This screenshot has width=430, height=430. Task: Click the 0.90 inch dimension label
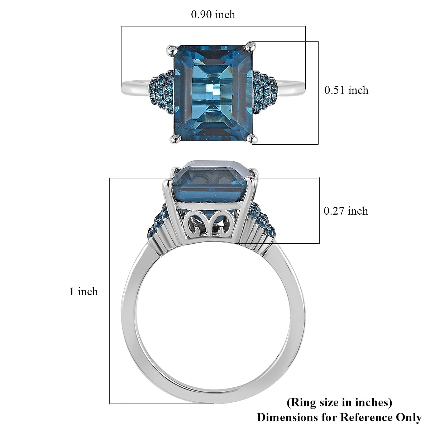[x=213, y=15]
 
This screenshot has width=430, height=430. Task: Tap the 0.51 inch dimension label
[x=346, y=90]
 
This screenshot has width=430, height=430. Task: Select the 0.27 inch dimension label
[x=346, y=211]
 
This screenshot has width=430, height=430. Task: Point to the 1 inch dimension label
[x=83, y=292]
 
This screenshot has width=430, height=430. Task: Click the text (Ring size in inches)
[x=339, y=402]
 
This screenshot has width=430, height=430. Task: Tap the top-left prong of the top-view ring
[x=171, y=48]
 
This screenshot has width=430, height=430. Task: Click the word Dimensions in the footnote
[x=285, y=417]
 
